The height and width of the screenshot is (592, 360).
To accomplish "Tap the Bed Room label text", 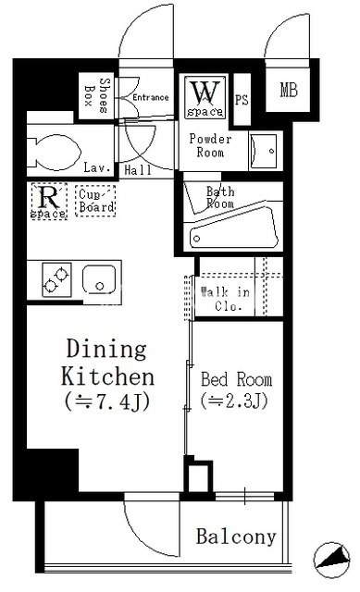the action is [237, 379].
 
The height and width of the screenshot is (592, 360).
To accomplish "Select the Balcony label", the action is [236, 536].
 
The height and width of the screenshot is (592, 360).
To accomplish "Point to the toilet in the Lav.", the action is [54, 152].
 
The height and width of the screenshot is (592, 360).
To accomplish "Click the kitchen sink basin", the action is [99, 279].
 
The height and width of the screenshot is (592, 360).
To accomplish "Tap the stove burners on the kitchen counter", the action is [56, 279].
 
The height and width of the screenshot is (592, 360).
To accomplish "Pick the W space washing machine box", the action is [205, 97].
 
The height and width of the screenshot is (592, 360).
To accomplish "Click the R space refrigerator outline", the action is [49, 202].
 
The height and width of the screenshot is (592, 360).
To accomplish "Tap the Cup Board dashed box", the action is [95, 201].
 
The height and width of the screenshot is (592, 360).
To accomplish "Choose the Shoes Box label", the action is [96, 95].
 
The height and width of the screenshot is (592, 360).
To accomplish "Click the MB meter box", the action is [289, 90].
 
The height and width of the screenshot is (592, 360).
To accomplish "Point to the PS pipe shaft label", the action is [242, 100].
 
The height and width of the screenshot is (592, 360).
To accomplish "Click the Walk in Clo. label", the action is [226, 299].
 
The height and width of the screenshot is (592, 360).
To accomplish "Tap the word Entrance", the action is [150, 97].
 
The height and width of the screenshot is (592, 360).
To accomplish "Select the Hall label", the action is [138, 170].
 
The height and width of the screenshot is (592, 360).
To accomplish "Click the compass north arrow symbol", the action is [332, 560].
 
